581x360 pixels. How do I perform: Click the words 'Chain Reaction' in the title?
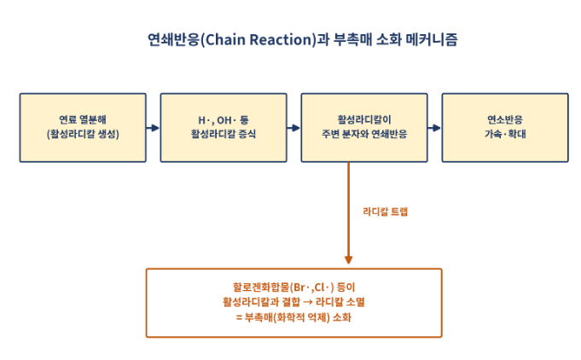(260, 39)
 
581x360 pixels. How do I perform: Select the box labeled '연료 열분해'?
(83, 128)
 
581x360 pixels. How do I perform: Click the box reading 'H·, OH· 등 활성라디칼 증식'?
(224, 128)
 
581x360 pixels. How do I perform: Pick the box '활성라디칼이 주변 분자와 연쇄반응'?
(364, 128)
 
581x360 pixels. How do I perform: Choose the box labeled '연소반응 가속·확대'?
(505, 128)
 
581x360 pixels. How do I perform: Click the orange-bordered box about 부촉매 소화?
(293, 303)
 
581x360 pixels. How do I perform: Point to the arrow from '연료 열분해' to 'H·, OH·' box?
(153, 128)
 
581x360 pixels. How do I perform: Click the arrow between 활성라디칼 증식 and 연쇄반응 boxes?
(293, 128)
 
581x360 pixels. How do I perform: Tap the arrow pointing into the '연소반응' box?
(434, 128)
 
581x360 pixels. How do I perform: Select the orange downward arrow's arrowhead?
(348, 259)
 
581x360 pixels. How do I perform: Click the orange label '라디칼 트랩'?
(386, 212)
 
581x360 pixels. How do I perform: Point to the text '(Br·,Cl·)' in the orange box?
(312, 287)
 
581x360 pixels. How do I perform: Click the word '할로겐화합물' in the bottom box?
(261, 287)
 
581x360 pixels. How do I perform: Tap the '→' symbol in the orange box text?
(307, 302)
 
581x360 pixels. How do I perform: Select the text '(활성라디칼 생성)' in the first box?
(83, 134)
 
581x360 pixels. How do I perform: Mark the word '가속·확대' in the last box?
(505, 134)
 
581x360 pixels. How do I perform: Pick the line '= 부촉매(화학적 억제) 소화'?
(293, 317)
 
